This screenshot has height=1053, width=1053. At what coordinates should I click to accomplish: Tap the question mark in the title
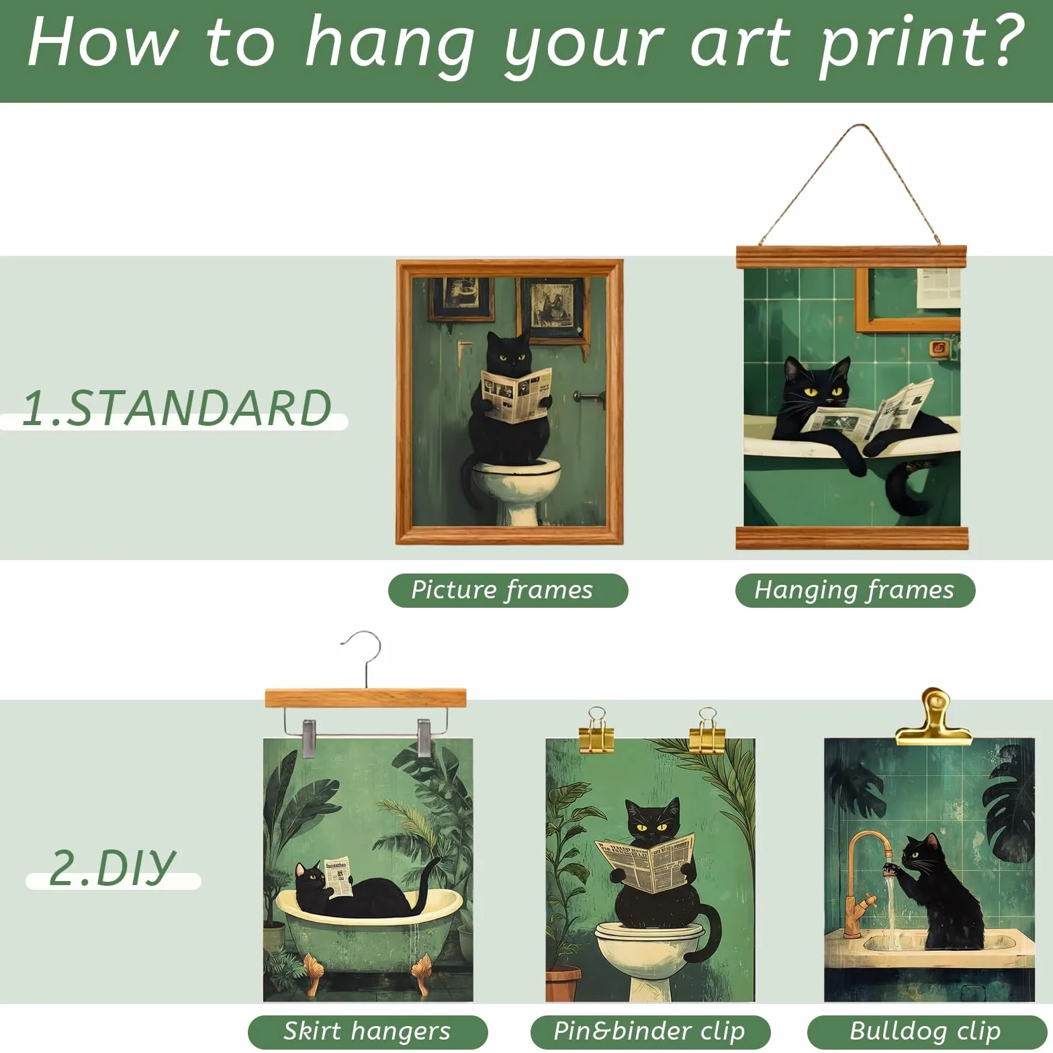pos(1001,42)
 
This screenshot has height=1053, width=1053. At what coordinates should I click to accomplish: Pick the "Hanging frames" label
pos(855,590)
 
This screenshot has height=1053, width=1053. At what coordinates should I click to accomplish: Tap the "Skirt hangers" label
pos(367,1031)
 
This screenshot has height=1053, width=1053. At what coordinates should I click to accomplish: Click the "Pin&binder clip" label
pos(650,1031)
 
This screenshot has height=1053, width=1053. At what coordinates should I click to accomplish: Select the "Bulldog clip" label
pos(926,1031)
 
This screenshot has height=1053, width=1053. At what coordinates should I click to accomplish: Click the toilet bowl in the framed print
pos(516,489)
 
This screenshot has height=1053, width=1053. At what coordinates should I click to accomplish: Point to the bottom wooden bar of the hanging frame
pos(852,538)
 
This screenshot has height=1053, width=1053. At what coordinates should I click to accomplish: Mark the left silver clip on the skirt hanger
pos(308,738)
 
